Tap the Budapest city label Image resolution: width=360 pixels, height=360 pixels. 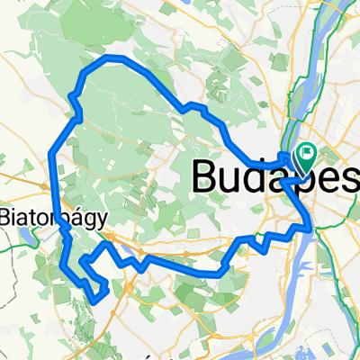(x=275, y=173)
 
